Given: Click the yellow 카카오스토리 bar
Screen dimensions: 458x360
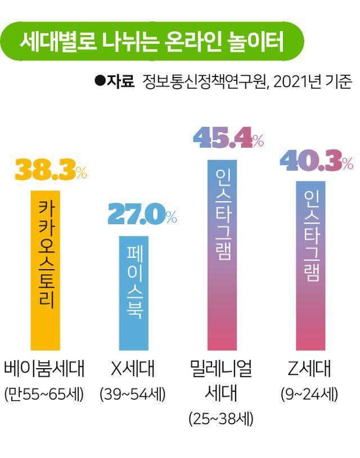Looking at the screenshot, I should (x=45, y=270).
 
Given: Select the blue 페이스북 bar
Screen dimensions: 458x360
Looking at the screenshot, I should (x=133, y=293).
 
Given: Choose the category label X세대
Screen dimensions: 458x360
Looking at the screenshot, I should (x=133, y=369).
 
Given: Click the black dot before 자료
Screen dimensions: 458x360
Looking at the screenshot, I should (x=100, y=81).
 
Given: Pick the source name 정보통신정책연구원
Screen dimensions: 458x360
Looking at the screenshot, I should (x=202, y=82).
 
